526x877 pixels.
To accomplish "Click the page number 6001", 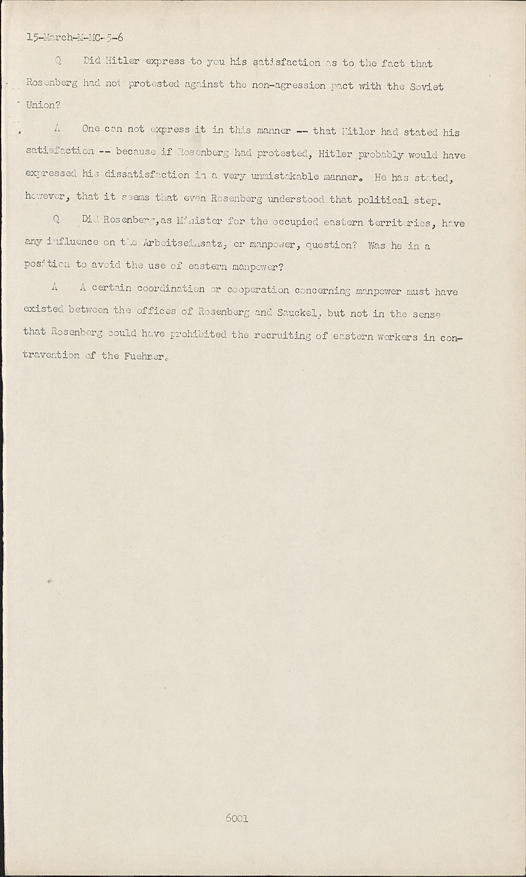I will coord(237,819).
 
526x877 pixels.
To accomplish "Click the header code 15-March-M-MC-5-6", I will coord(75,39).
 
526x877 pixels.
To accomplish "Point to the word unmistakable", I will coord(285,176).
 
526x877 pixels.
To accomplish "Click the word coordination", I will coord(171,289).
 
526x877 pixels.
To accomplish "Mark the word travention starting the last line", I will coord(51,355).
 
